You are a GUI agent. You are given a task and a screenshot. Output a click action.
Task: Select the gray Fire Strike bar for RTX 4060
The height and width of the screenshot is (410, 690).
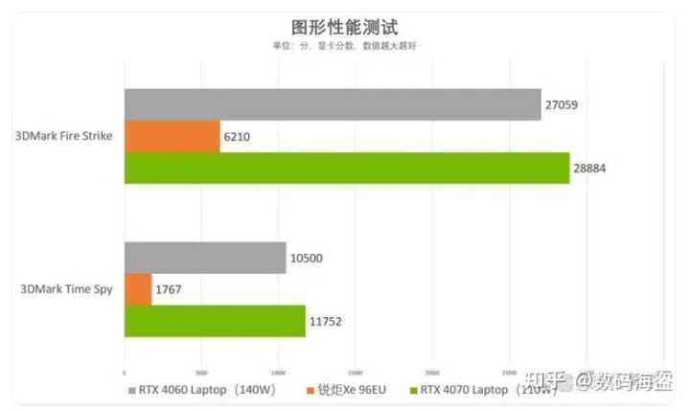click(x=332, y=104)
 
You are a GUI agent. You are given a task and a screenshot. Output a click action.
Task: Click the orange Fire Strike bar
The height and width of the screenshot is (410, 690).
click(x=172, y=136)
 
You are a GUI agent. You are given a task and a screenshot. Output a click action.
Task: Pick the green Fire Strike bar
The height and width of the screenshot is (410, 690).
click(x=346, y=168)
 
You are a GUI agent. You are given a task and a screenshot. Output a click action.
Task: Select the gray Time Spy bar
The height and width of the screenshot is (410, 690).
click(x=204, y=258)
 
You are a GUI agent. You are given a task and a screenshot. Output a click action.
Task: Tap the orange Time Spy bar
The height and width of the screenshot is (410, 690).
click(x=137, y=289)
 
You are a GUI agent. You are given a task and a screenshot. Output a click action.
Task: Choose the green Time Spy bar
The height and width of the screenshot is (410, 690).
click(x=214, y=321)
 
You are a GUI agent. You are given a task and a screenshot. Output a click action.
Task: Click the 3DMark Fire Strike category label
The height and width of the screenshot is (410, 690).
click(x=64, y=136)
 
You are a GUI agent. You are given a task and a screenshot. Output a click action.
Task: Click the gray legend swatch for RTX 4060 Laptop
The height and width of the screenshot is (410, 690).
click(x=130, y=391)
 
